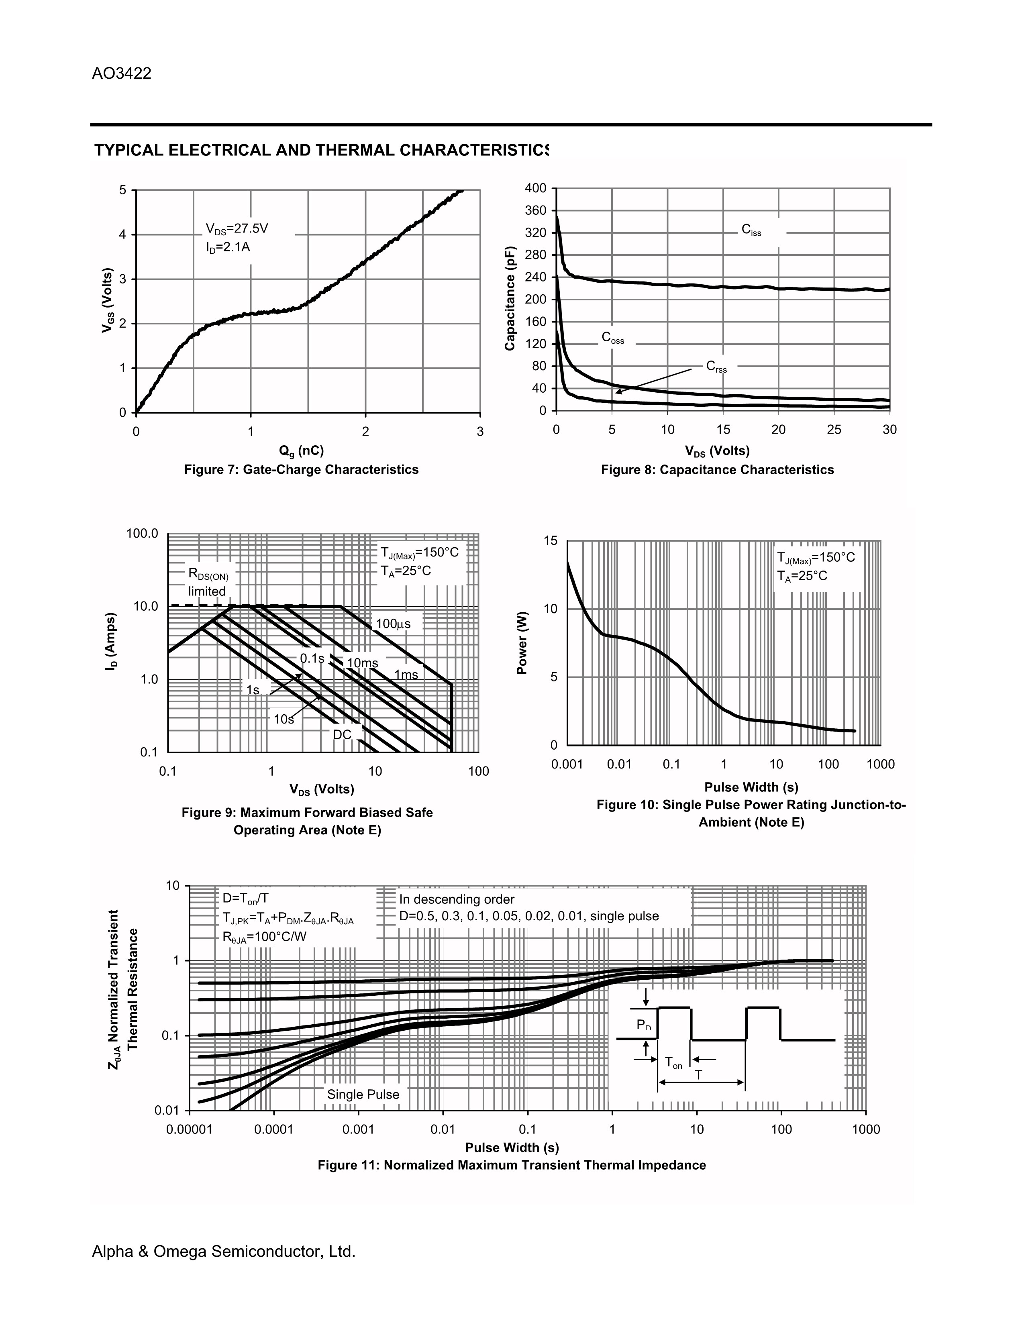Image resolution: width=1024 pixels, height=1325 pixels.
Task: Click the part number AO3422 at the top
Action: click(121, 73)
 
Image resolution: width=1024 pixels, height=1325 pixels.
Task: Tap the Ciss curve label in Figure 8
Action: click(751, 230)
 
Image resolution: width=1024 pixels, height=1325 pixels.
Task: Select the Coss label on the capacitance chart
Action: click(613, 338)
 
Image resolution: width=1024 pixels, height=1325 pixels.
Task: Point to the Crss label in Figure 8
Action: click(716, 367)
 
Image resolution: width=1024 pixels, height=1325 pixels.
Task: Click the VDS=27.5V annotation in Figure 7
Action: click(237, 229)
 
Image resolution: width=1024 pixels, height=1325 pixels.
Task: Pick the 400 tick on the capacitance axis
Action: click(536, 189)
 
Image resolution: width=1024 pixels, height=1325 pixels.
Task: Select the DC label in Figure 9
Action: click(342, 735)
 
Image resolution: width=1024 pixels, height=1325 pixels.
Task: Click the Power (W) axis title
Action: click(522, 643)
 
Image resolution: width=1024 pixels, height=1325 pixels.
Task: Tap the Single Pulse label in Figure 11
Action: click(363, 1095)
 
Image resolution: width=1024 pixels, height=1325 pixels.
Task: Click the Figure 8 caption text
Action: click(717, 470)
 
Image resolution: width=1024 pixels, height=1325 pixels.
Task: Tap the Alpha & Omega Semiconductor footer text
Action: click(223, 1252)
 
